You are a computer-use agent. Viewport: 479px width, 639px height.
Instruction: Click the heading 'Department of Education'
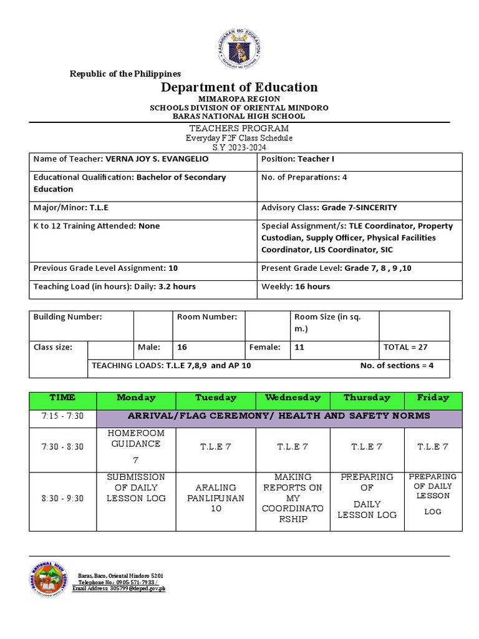239,87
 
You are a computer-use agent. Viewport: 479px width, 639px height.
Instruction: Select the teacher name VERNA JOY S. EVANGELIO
153,159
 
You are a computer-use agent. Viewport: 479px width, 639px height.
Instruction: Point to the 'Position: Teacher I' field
298,159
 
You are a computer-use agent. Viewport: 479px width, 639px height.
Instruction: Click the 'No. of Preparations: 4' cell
304,177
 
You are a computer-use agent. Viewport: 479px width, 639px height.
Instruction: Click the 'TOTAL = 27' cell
405,347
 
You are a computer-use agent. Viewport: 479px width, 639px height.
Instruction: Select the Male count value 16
183,347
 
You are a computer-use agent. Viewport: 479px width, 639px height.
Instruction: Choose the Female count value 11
299,347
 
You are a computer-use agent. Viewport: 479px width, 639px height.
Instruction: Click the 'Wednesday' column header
293,398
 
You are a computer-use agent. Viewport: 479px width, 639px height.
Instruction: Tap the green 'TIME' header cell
62,398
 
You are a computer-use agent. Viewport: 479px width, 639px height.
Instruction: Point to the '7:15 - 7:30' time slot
62,416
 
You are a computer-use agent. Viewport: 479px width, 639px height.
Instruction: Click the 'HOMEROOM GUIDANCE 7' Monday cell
136,446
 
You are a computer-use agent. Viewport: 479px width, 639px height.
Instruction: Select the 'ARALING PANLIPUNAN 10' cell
216,499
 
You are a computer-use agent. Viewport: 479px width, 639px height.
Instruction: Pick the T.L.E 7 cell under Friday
433,447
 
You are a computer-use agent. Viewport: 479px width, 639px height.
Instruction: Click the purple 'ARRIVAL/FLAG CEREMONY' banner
279,416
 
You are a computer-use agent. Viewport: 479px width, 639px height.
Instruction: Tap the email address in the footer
119,588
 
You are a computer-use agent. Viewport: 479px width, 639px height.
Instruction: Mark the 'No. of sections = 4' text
397,366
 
